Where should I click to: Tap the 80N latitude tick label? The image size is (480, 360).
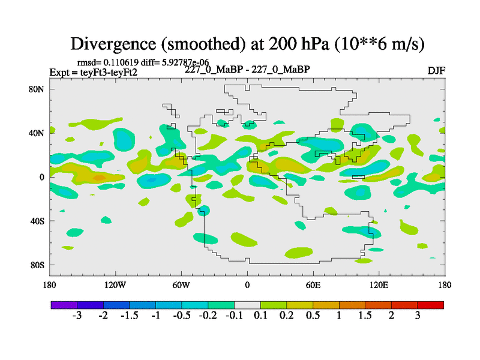38,89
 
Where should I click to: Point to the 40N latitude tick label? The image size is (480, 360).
38,133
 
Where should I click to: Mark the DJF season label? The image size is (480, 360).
436,70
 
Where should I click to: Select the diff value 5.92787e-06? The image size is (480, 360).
184,62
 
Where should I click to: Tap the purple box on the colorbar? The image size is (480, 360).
64,305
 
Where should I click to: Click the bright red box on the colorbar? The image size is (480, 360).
430,305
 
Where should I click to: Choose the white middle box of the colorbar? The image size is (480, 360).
247,305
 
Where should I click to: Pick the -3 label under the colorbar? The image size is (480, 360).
76,316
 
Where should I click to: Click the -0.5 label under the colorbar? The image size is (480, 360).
181,316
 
